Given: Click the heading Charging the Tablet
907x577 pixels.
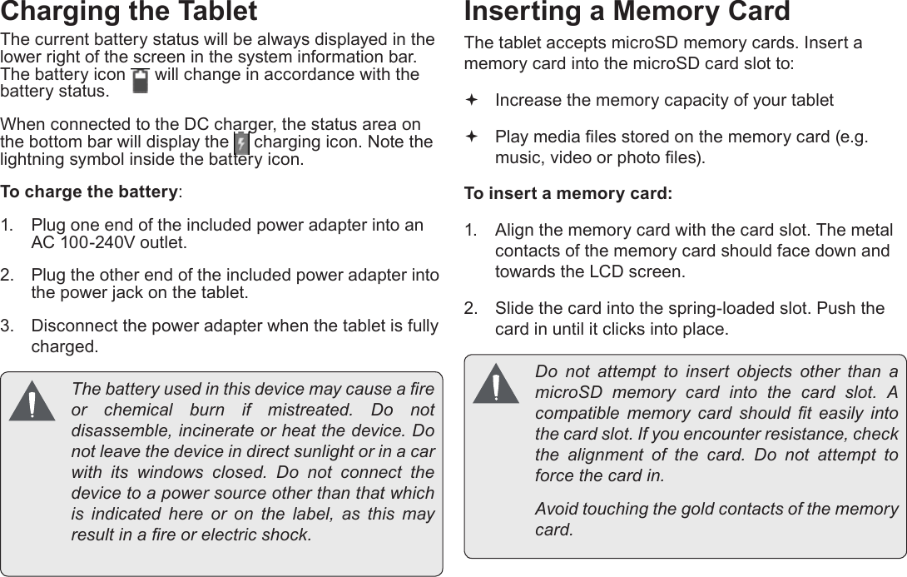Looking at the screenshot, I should tap(129, 12).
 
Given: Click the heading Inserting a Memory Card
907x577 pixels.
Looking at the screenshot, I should tap(627, 12).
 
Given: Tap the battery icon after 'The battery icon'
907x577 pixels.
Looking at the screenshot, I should tap(140, 81).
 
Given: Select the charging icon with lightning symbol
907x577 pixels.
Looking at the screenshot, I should tap(241, 143).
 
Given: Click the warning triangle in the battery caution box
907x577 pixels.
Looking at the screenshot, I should tap(32, 401).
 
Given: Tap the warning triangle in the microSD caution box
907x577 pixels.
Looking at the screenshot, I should tap(495, 385).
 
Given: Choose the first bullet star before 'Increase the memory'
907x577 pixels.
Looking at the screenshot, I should tap(472, 100).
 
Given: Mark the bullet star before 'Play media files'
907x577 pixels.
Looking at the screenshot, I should tap(472, 136).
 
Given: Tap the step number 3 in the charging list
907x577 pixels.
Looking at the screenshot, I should tap(6, 326).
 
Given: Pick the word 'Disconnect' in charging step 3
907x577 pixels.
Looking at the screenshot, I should tap(72, 326).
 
